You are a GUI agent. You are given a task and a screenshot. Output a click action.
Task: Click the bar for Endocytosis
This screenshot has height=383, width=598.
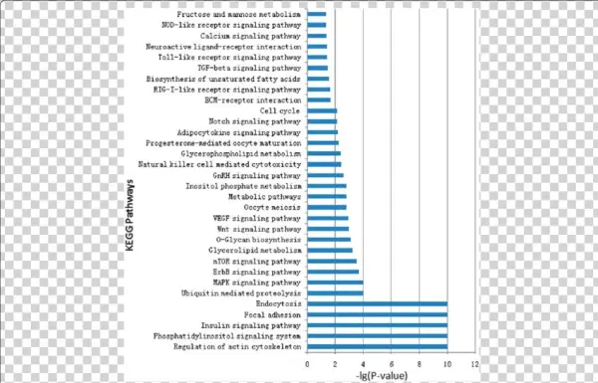[378, 303]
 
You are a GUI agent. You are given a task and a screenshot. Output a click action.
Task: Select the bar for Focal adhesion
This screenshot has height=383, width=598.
[378, 314]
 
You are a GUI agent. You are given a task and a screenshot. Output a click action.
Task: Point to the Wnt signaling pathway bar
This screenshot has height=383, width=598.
[328, 229]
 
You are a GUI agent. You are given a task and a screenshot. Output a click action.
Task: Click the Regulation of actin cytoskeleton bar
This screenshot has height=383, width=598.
[378, 346]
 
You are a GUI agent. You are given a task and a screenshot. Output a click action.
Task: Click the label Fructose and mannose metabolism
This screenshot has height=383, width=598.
[239, 15]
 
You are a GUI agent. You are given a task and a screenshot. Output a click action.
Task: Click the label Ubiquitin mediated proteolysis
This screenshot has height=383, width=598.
[242, 293]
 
